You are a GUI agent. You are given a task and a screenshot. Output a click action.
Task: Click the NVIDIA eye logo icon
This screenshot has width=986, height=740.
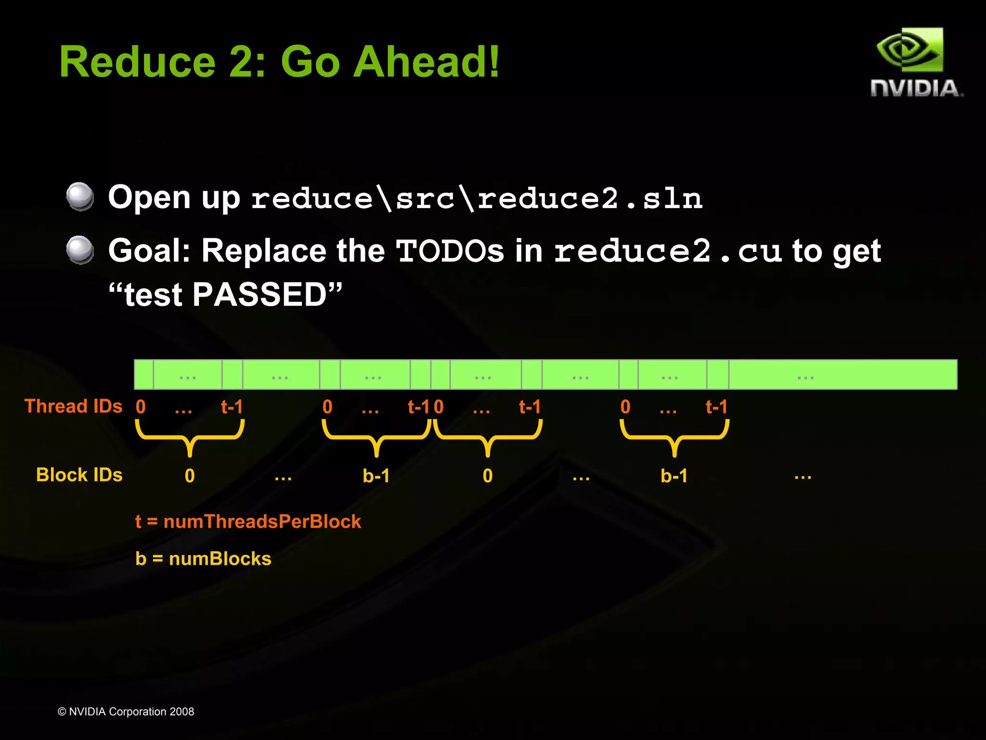coord(909,51)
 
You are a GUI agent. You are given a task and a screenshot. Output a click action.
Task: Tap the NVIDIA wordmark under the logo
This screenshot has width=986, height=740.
coord(916,89)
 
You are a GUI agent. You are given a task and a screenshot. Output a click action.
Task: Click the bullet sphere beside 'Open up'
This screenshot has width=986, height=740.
coord(80,196)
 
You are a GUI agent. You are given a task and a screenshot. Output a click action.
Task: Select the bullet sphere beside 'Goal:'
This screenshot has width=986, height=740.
coord(80,250)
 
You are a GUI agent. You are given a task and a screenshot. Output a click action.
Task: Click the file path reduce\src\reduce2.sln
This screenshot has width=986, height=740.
coord(477,198)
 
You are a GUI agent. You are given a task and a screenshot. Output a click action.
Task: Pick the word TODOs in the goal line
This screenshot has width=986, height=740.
coord(450,251)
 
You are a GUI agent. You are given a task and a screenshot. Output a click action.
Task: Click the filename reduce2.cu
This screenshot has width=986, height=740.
coord(667,251)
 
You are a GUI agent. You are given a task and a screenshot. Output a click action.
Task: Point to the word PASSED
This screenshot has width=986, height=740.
coord(260,294)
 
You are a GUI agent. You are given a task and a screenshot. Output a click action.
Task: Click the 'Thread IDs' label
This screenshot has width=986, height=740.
coord(73,406)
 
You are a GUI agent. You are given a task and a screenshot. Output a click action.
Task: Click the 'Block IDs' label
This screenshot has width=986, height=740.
coord(79,475)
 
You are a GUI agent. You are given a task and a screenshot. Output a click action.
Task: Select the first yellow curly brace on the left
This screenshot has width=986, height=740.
coord(190,436)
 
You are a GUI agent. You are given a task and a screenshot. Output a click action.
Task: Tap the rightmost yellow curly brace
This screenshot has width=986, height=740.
coord(675,436)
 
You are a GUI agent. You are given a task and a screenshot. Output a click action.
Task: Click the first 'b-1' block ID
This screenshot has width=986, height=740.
coord(376,476)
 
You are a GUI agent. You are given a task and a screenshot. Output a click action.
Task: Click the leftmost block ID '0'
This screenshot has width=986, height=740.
coord(190,476)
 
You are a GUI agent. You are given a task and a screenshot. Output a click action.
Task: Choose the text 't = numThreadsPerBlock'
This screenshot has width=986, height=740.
coord(248,521)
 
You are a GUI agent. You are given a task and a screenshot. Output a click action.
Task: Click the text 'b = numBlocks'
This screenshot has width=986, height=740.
coord(203,558)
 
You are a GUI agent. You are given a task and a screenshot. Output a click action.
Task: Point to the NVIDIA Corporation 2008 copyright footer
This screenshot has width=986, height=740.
coord(126,711)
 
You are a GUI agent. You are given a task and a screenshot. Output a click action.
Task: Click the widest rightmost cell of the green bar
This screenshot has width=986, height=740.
coord(843,375)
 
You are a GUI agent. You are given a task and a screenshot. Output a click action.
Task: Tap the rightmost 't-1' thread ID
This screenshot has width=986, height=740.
coord(716,407)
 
